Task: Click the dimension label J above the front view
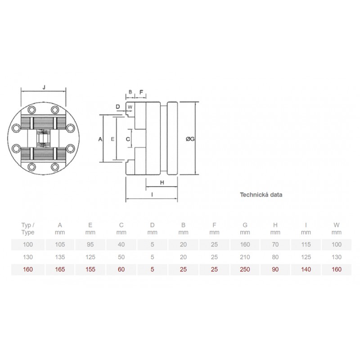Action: click(x=44, y=87)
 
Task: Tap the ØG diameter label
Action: click(x=190, y=139)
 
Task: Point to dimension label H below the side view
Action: click(x=162, y=183)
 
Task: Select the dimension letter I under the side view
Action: click(x=152, y=195)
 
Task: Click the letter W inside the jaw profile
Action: click(x=130, y=107)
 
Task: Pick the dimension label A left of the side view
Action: click(x=100, y=139)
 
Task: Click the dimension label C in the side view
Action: click(x=128, y=139)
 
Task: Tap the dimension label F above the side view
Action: click(x=141, y=92)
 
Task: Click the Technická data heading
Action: click(x=261, y=195)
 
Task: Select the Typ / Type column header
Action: click(x=28, y=229)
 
